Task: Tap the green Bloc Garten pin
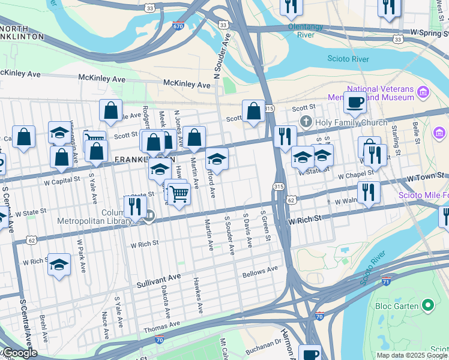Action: click(x=428, y=305)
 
